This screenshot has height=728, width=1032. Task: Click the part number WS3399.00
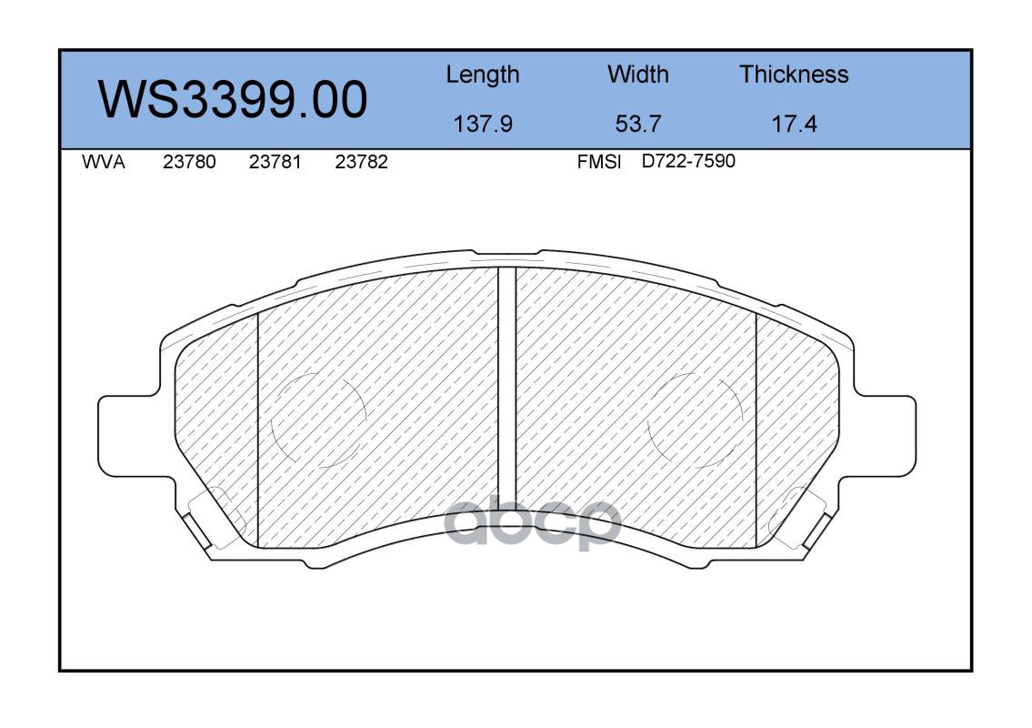[x=233, y=99]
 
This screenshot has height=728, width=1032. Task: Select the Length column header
[x=483, y=75]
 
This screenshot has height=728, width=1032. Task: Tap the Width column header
[x=637, y=74]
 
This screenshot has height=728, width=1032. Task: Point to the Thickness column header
[x=794, y=74]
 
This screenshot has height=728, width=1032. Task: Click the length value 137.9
[x=483, y=124]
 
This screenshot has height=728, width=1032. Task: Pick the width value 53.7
[x=637, y=124]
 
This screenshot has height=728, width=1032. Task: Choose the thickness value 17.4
[x=794, y=124]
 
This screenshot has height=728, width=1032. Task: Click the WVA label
[x=104, y=162]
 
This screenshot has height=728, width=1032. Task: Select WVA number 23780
[x=189, y=162]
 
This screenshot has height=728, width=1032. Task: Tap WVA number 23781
[x=276, y=162]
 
